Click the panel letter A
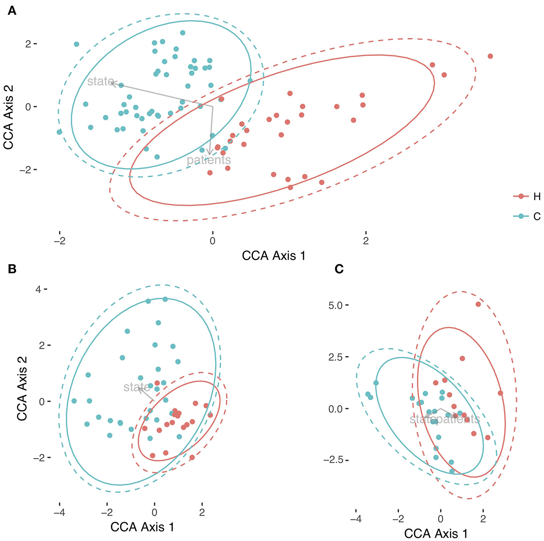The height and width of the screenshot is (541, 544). (12, 11)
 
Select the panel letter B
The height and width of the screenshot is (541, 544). (12, 269)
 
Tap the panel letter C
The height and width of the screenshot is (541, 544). (339, 269)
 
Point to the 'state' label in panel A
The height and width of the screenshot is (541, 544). (100, 81)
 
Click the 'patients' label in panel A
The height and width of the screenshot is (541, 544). (209, 160)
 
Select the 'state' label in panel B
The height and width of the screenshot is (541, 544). (137, 387)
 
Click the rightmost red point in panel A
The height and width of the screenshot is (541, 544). (490, 56)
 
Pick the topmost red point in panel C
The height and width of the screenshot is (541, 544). (478, 304)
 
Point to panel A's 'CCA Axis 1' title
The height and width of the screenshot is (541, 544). (274, 255)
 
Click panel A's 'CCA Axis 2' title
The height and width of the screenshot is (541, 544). (8, 116)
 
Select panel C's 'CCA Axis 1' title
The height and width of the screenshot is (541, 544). (436, 533)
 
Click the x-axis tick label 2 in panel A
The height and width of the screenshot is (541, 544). (366, 241)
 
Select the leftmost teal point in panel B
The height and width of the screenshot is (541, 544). (74, 401)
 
